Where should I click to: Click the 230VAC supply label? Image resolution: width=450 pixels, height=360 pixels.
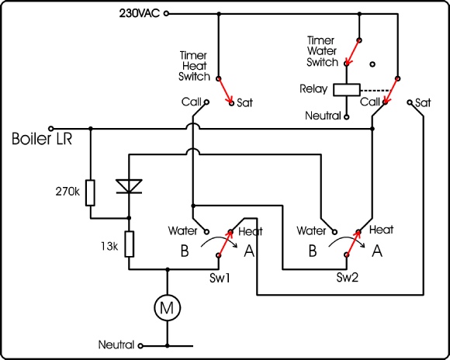click(x=139, y=13)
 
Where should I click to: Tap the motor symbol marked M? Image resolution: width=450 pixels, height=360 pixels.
click(x=168, y=308)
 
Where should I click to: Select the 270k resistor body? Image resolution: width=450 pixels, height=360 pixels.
click(x=90, y=192)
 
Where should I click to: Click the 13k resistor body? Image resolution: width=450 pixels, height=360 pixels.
click(x=129, y=244)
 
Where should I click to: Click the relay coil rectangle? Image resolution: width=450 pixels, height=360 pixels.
click(x=346, y=89)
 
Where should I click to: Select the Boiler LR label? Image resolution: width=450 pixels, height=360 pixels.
click(x=42, y=139)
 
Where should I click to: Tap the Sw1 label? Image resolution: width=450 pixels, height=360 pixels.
click(x=220, y=278)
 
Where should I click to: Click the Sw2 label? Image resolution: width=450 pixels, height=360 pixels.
click(x=348, y=277)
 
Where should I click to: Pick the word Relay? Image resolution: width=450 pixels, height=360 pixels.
click(x=313, y=88)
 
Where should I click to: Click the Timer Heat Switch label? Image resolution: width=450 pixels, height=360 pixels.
click(x=194, y=66)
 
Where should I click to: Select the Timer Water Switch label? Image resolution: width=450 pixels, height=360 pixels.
click(x=322, y=51)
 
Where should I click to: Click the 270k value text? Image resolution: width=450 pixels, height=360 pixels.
click(x=67, y=192)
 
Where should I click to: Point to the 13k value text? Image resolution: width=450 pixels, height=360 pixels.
click(x=109, y=246)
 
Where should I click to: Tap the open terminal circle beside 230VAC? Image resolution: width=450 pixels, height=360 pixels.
click(x=166, y=13)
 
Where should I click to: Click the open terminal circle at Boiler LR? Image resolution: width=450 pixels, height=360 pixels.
click(x=50, y=128)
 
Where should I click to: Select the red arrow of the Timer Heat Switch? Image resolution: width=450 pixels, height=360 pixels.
click(x=225, y=91)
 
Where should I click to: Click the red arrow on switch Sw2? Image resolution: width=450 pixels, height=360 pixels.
click(x=353, y=243)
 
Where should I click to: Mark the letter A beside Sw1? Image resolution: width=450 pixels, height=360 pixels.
click(x=249, y=251)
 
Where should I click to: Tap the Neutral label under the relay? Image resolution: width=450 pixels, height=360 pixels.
click(x=323, y=116)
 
